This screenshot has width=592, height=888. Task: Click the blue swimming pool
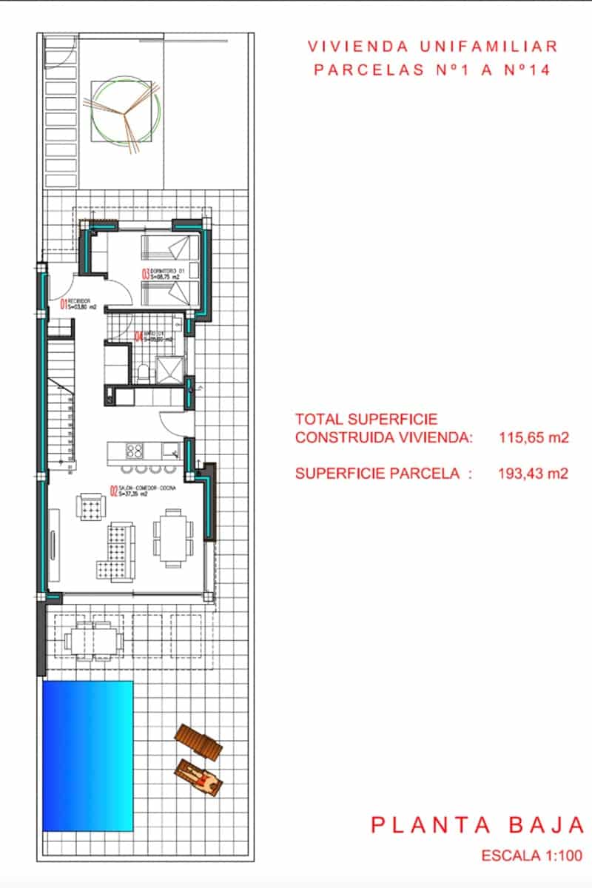87,755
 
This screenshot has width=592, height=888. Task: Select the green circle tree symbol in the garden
124,112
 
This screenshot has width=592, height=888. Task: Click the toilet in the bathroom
144,372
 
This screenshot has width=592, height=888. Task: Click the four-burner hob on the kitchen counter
135,450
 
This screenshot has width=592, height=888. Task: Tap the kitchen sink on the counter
169,449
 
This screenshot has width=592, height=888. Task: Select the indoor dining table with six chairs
172,538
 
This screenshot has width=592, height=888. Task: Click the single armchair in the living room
92,508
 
